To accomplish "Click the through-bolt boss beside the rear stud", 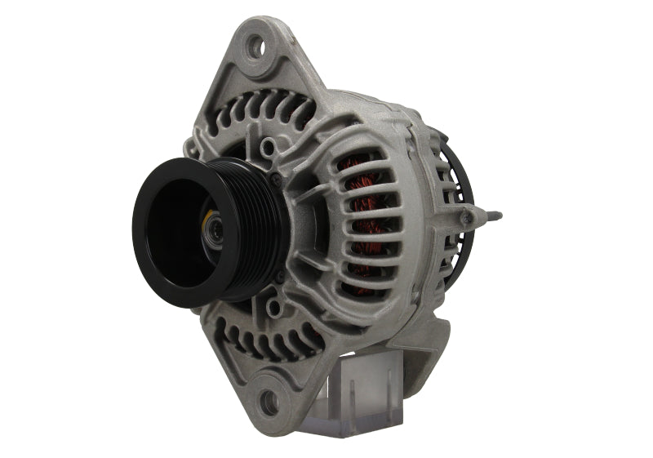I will (468, 216).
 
